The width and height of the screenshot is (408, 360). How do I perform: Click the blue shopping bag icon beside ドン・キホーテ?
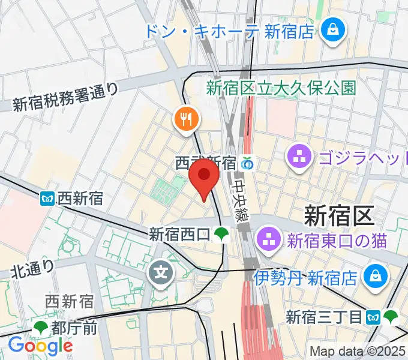click(x=331, y=28)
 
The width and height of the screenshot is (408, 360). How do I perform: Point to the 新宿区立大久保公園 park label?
click(x=281, y=89)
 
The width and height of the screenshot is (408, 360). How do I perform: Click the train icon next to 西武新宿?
click(x=247, y=163)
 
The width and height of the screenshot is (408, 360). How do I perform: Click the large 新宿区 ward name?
click(x=339, y=214)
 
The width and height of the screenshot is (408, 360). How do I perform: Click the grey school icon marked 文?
click(x=161, y=273)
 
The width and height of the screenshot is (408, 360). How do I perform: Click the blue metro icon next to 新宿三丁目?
click(x=374, y=316)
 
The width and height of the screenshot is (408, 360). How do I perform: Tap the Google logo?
click(x=40, y=345)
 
